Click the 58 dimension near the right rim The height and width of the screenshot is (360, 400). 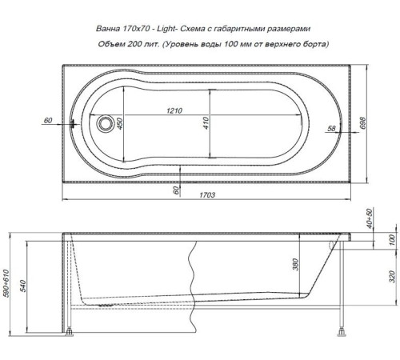pos(331,128)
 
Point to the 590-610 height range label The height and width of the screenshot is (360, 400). pos(7,281)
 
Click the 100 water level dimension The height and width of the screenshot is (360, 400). pos(390,239)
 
